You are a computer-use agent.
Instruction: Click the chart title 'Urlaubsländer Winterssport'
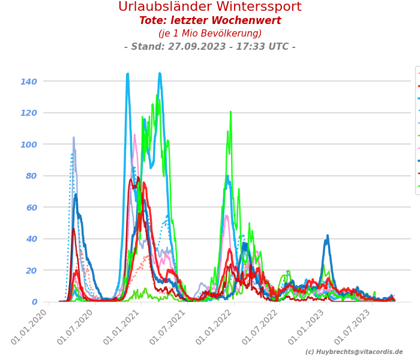point(210,7)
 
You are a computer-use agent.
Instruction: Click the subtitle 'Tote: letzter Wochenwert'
point(210,21)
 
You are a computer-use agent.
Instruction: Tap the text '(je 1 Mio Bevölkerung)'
point(210,34)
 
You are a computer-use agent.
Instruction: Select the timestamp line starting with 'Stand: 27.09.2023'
point(210,47)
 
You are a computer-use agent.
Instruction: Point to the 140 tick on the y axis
point(29,82)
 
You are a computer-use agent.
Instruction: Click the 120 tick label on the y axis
point(29,113)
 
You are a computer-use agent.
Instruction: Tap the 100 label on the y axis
point(29,145)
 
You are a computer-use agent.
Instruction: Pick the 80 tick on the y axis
point(31,176)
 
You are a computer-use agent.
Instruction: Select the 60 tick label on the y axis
point(31,208)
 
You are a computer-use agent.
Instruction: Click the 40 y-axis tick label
point(31,239)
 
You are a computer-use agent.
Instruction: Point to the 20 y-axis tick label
point(31,271)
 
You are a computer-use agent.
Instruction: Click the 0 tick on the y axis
point(34,302)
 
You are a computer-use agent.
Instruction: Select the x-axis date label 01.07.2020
point(76,327)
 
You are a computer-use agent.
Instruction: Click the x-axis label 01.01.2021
point(122,327)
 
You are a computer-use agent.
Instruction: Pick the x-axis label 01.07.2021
point(169,327)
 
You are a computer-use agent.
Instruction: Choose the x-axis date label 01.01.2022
point(215,327)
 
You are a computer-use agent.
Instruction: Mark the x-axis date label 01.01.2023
point(308,327)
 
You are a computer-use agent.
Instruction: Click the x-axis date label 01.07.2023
point(354,327)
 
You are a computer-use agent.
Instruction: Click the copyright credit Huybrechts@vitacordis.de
point(354,352)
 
